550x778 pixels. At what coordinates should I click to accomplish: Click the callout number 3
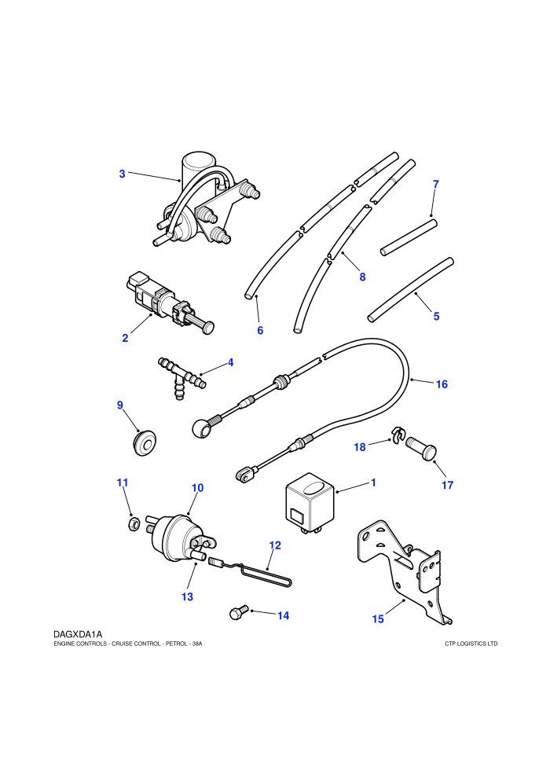point(122,174)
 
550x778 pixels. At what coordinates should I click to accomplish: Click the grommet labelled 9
point(145,442)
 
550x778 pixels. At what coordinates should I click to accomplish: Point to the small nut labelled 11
point(133,524)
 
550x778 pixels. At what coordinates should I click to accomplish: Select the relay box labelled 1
point(310,503)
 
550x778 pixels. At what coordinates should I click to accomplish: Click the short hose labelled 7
point(409,237)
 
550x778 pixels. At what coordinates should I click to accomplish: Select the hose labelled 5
point(411,289)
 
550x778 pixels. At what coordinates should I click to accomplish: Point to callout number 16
point(442,384)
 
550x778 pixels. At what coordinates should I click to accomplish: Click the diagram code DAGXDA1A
point(78,634)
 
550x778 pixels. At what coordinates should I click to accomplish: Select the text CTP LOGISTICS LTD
point(471,644)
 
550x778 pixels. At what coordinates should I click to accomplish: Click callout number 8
point(362,277)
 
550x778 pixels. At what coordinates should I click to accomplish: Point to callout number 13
point(187,596)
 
